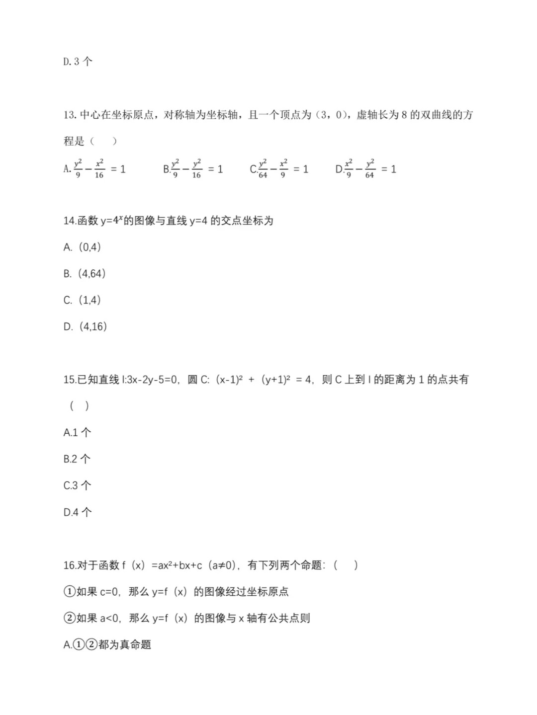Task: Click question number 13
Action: point(69,115)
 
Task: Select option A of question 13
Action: point(94,169)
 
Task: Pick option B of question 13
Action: point(193,169)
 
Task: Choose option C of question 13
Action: point(279,169)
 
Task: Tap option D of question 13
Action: point(366,169)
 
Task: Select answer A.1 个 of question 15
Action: point(77,432)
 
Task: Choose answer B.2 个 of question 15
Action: point(77,459)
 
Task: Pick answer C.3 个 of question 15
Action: point(77,485)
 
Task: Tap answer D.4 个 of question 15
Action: point(77,512)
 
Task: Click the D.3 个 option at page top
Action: point(78,62)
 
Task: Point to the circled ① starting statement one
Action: point(70,592)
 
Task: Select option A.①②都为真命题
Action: point(107,645)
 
